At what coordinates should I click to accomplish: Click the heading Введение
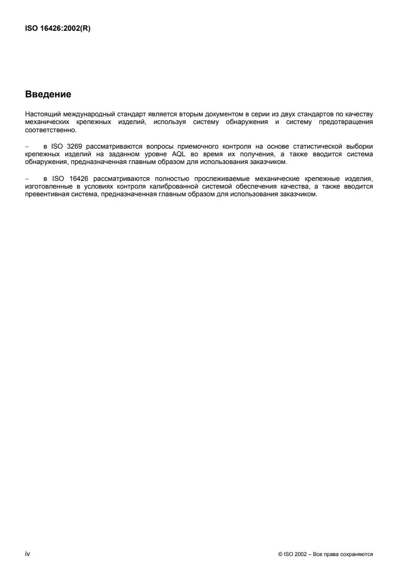point(48,95)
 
